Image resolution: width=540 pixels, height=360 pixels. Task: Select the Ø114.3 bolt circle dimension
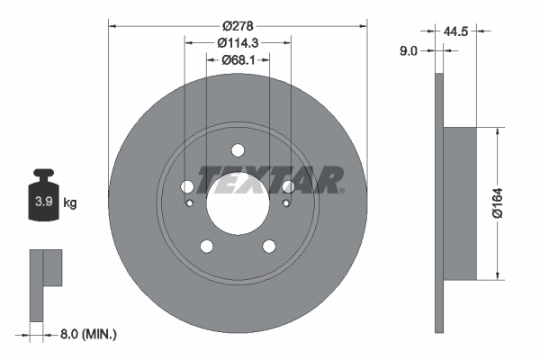click(x=238, y=41)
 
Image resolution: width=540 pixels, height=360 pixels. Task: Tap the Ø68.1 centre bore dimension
click(x=238, y=60)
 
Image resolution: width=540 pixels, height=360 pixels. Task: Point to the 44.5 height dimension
click(x=458, y=30)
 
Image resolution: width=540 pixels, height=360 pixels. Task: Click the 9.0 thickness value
click(x=409, y=52)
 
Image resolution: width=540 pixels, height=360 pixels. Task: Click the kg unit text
click(x=70, y=203)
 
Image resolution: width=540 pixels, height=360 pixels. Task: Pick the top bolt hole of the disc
click(x=238, y=150)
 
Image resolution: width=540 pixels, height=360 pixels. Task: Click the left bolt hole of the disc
click(x=187, y=187)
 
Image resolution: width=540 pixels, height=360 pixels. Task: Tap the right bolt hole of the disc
click(x=288, y=187)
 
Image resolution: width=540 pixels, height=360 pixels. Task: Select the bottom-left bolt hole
click(x=206, y=247)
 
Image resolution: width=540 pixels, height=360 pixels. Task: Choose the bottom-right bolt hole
click(x=268, y=247)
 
